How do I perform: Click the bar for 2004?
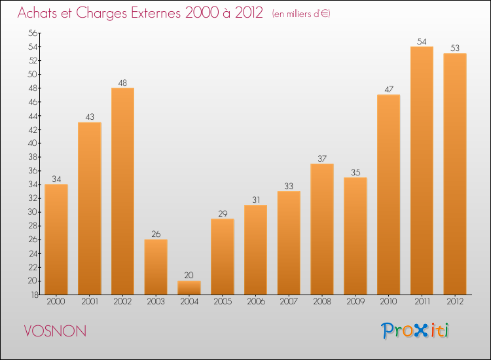[189, 287]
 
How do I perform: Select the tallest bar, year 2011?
[422, 170]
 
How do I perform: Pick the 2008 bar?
[322, 229]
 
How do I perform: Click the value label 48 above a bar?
[122, 83]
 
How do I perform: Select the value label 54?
[422, 42]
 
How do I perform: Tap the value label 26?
[156, 234]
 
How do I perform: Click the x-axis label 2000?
[56, 302]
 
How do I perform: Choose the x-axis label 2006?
[255, 302]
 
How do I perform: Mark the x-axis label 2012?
[455, 302]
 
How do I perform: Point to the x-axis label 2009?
[355, 302]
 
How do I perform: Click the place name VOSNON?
[55, 331]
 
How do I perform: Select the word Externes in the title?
[150, 14]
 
